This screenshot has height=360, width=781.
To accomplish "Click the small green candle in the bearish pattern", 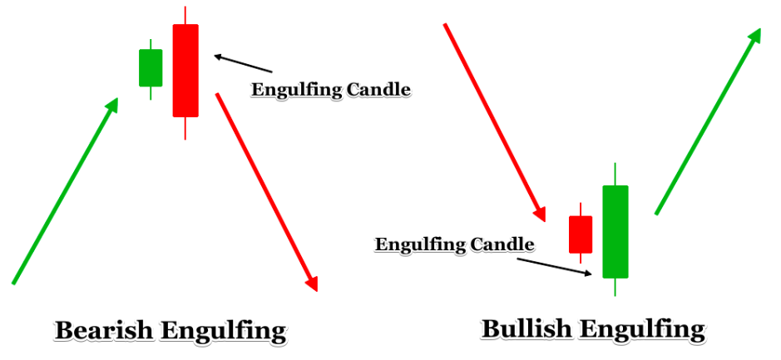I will pos(151,67).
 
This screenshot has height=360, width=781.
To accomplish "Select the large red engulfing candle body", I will pos(185,71).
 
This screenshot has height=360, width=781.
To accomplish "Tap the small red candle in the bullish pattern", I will pos(581,234).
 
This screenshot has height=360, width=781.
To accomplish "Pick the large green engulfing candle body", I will pos(615,231).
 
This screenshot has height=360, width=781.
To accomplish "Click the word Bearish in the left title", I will pos(104,331).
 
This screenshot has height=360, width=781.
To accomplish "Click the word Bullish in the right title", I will pos(526,328).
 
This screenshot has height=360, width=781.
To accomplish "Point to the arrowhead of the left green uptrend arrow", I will pos(113,104).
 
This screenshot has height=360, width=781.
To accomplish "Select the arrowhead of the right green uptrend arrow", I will pos(756,34).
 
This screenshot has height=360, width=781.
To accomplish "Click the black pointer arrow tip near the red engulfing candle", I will pos(215,57).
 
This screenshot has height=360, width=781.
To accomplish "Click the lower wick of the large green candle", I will pos(615,287).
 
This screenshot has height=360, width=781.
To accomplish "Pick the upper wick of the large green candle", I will pos(615,174).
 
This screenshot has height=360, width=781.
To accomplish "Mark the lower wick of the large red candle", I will pos(185,128).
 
